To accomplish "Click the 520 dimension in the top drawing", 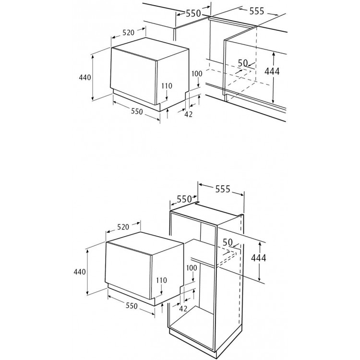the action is pos(128,33).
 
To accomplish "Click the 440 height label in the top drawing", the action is pos(85,78).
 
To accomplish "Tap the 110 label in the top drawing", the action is pos(167,86).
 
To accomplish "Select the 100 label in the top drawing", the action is pos(197,74).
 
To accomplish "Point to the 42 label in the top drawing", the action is pos(189,114).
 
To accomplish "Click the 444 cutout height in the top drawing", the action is pos(272,72).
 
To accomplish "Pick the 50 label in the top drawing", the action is pos(243,63).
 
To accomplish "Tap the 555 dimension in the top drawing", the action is pos(257,11).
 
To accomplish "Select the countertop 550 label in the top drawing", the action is pos(193,13).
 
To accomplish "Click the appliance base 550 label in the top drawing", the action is pos(137,111).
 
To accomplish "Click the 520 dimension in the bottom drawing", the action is pos(123,227).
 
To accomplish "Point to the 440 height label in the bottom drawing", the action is pos(80,272).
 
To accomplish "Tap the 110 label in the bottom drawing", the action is pos(161,280).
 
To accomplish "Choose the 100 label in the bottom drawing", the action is pos(192,268).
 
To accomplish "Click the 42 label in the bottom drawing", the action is pos(183,309).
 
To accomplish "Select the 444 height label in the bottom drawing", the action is pos(259,258).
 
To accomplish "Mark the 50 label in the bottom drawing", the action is pos(228,242).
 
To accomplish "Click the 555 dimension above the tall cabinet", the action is pos(222,189).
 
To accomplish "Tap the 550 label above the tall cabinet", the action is pos(184,199).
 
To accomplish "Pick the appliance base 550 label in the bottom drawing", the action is pos(132,306).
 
